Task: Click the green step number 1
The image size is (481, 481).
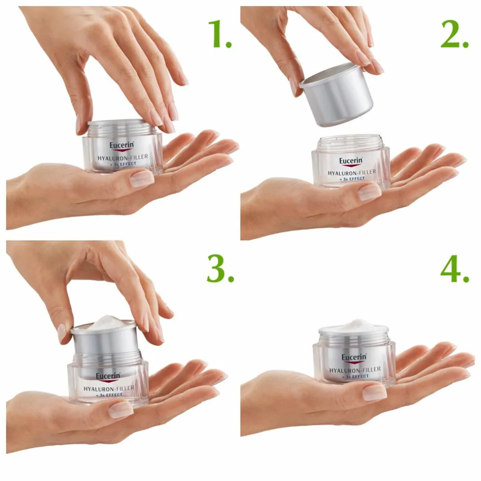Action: pos(219,34)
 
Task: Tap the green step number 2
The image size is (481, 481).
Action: pos(454,34)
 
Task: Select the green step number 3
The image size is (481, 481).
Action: pos(220,268)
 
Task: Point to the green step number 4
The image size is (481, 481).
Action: pos(455,268)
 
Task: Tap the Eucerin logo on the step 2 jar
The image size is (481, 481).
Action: pos(351,161)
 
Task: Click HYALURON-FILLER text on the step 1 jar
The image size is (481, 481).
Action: pos(123,157)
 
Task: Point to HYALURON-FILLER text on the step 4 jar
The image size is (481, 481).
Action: pos(355,370)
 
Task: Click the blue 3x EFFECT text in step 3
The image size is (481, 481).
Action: pos(109,395)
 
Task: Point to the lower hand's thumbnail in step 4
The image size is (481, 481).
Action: pos(374,393)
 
